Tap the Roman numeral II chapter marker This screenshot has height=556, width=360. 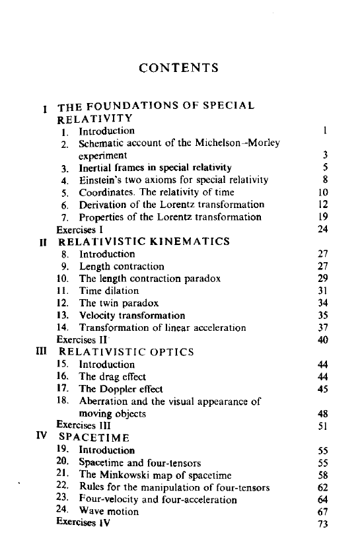pyautogui.click(x=44, y=242)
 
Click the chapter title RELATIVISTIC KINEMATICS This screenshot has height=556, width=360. pyautogui.click(x=143, y=242)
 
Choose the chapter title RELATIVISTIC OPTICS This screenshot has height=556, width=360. pyautogui.click(x=126, y=352)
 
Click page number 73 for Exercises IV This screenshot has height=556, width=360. pyautogui.click(x=323, y=524)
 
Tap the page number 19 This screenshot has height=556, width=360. pyautogui.click(x=323, y=217)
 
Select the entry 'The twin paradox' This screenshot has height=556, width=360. pyautogui.click(x=119, y=303)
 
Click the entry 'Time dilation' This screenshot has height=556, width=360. pyautogui.click(x=109, y=291)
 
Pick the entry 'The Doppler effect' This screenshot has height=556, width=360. pyautogui.click(x=121, y=389)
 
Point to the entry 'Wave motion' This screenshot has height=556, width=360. pyautogui.click(x=109, y=511)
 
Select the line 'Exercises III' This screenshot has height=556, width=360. pyautogui.click(x=83, y=425)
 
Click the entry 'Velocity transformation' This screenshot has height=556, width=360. pyautogui.click(x=132, y=315)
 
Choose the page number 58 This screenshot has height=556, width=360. pyautogui.click(x=323, y=475)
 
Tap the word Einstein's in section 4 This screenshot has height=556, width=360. pyautogui.click(x=102, y=180)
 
